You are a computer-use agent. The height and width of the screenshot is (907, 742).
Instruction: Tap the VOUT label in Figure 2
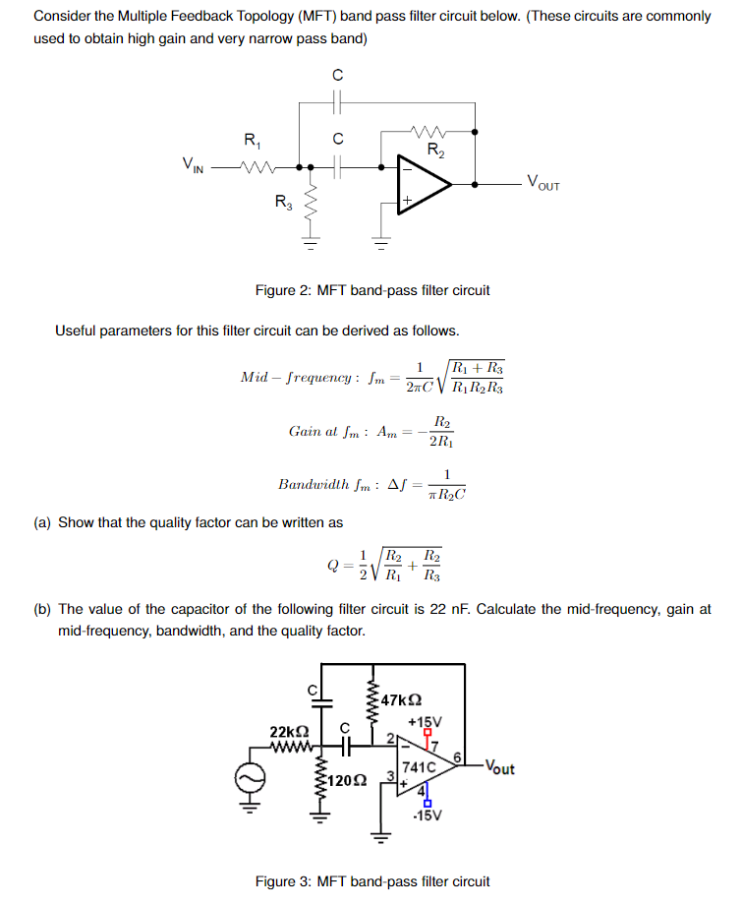coord(543,181)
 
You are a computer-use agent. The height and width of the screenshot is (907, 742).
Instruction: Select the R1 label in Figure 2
coord(251,140)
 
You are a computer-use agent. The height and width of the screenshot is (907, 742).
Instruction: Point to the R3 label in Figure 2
coord(283,204)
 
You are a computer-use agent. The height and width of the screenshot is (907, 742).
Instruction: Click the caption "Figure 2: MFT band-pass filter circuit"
coord(371,290)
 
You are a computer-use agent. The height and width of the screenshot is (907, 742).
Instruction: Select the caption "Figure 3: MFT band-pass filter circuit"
coord(371,881)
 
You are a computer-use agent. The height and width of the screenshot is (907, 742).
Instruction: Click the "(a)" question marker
coord(42,522)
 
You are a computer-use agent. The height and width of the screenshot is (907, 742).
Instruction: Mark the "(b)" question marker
coord(42,609)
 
